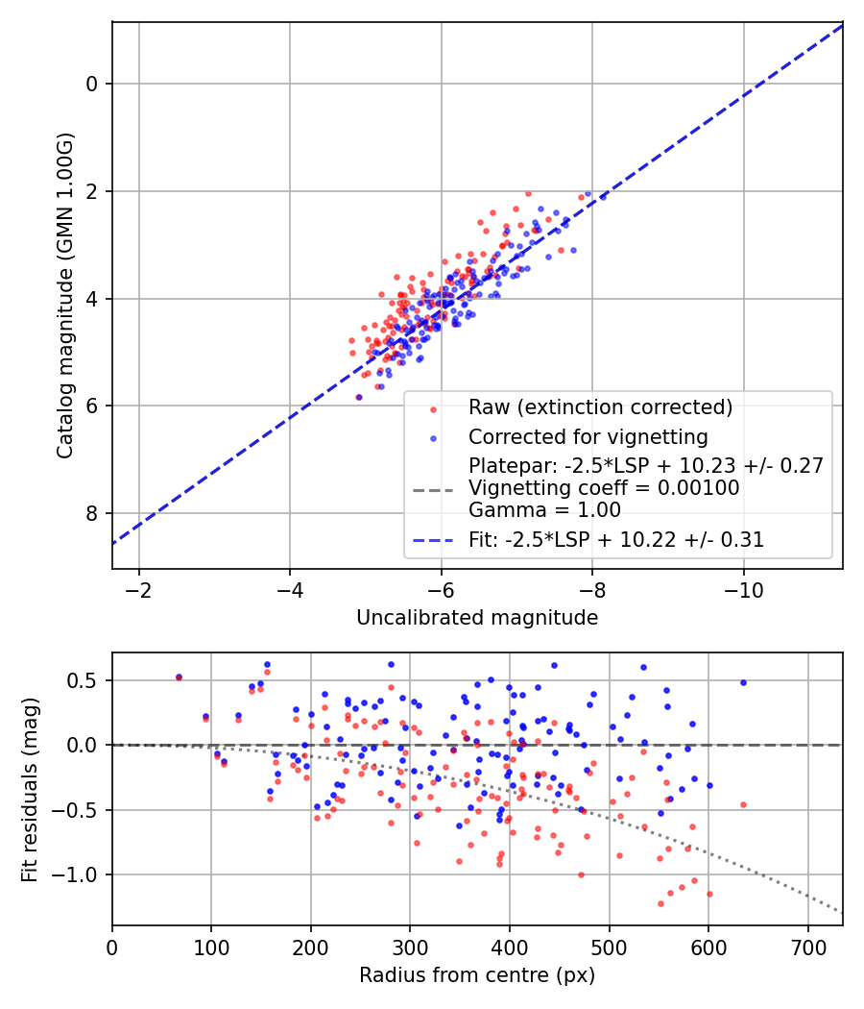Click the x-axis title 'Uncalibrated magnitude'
(477, 618)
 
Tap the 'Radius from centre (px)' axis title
(477, 975)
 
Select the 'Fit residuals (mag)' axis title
(30, 788)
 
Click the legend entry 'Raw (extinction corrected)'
(600, 406)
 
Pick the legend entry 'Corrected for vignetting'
(588, 437)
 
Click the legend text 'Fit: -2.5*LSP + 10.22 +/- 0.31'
(616, 540)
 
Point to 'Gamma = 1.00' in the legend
(544, 510)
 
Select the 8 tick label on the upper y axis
(93, 513)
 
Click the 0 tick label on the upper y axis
(93, 84)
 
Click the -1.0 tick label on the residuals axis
(81, 874)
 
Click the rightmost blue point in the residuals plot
(743, 682)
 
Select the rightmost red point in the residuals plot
(743, 804)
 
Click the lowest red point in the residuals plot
(660, 903)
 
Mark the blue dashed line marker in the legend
(433, 540)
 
